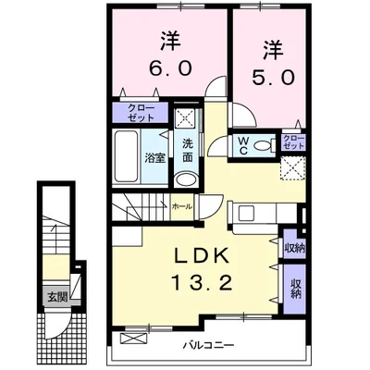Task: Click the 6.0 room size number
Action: (x=170, y=68)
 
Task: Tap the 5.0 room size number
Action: (x=273, y=77)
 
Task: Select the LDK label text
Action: (x=202, y=255)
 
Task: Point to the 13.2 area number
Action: (x=202, y=283)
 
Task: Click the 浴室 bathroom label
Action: (x=155, y=158)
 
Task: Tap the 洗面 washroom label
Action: (x=187, y=151)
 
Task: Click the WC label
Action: (x=243, y=145)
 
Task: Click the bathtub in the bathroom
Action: (x=126, y=156)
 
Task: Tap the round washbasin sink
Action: (x=187, y=179)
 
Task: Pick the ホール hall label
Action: (x=182, y=206)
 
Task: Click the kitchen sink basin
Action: (x=246, y=213)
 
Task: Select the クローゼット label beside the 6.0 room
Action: (x=141, y=113)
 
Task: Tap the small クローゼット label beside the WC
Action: (x=293, y=142)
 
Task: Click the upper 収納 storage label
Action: (x=295, y=248)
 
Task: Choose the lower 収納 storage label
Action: (x=295, y=289)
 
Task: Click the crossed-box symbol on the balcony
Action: (x=132, y=339)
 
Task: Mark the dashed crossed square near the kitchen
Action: (x=292, y=167)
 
